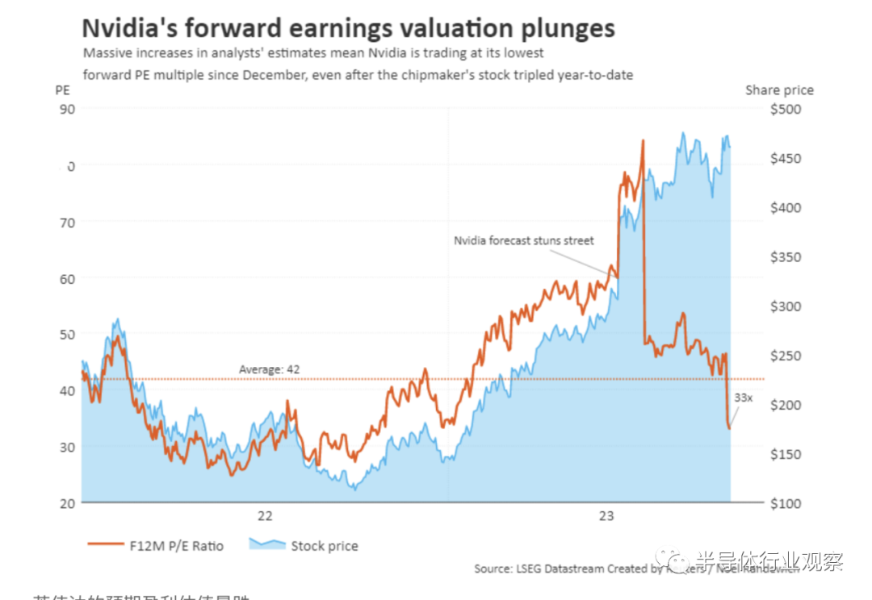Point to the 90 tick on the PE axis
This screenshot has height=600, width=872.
(67, 109)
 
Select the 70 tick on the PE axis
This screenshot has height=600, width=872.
(67, 222)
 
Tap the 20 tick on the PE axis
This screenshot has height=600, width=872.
(67, 503)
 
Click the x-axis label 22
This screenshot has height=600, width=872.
(264, 517)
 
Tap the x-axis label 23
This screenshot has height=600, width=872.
(606, 517)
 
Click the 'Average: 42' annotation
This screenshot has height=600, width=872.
(269, 369)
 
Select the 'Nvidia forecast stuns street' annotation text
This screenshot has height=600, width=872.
(523, 240)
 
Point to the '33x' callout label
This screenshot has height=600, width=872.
(743, 398)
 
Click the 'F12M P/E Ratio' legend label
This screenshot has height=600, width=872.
(176, 546)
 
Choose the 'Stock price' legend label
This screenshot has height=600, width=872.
(324, 546)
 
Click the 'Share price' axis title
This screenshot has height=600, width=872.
(779, 90)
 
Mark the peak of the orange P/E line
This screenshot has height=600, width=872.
(643, 140)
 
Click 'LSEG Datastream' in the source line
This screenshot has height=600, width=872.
(560, 569)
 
